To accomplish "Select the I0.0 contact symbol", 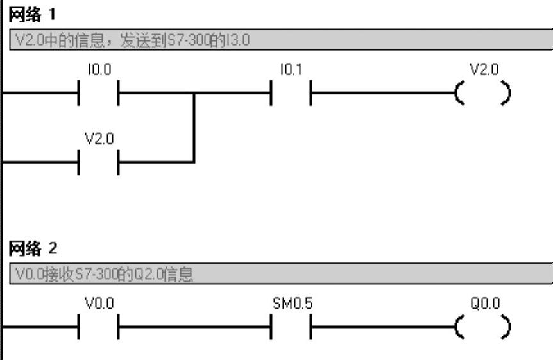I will [x=99, y=93].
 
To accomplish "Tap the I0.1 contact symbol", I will [x=291, y=93].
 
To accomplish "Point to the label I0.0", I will [x=100, y=70].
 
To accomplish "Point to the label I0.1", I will [x=291, y=70].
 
